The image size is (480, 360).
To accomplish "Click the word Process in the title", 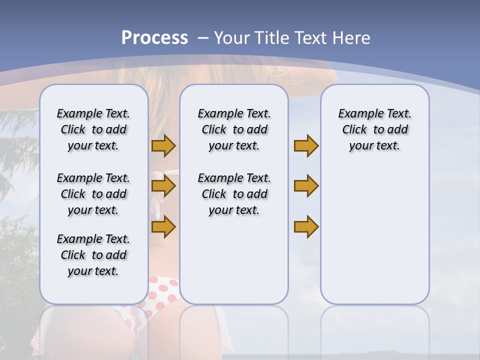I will coord(154,38).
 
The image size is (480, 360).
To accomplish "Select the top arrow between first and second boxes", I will coord(163,146).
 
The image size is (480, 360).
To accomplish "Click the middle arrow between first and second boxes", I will coord(163,186).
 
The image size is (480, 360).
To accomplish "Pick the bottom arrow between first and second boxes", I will coord(163,227).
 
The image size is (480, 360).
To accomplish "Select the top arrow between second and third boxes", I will coord(306,146).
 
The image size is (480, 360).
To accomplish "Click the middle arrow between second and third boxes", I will coord(306,186).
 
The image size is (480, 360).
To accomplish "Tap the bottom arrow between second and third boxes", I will coord(306,227).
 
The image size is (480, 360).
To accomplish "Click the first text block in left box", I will coord(93,129).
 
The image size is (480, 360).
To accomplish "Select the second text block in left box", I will coord(93,194).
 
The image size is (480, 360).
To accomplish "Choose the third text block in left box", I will coord(93,255).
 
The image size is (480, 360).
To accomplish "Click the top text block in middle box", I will coord(234,129).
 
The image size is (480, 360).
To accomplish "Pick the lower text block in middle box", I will coord(234,194).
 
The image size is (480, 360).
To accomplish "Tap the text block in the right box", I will coord(374,129).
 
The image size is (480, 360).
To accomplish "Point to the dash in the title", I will coord(203,38).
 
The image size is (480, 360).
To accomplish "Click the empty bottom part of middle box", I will coord(234,265).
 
